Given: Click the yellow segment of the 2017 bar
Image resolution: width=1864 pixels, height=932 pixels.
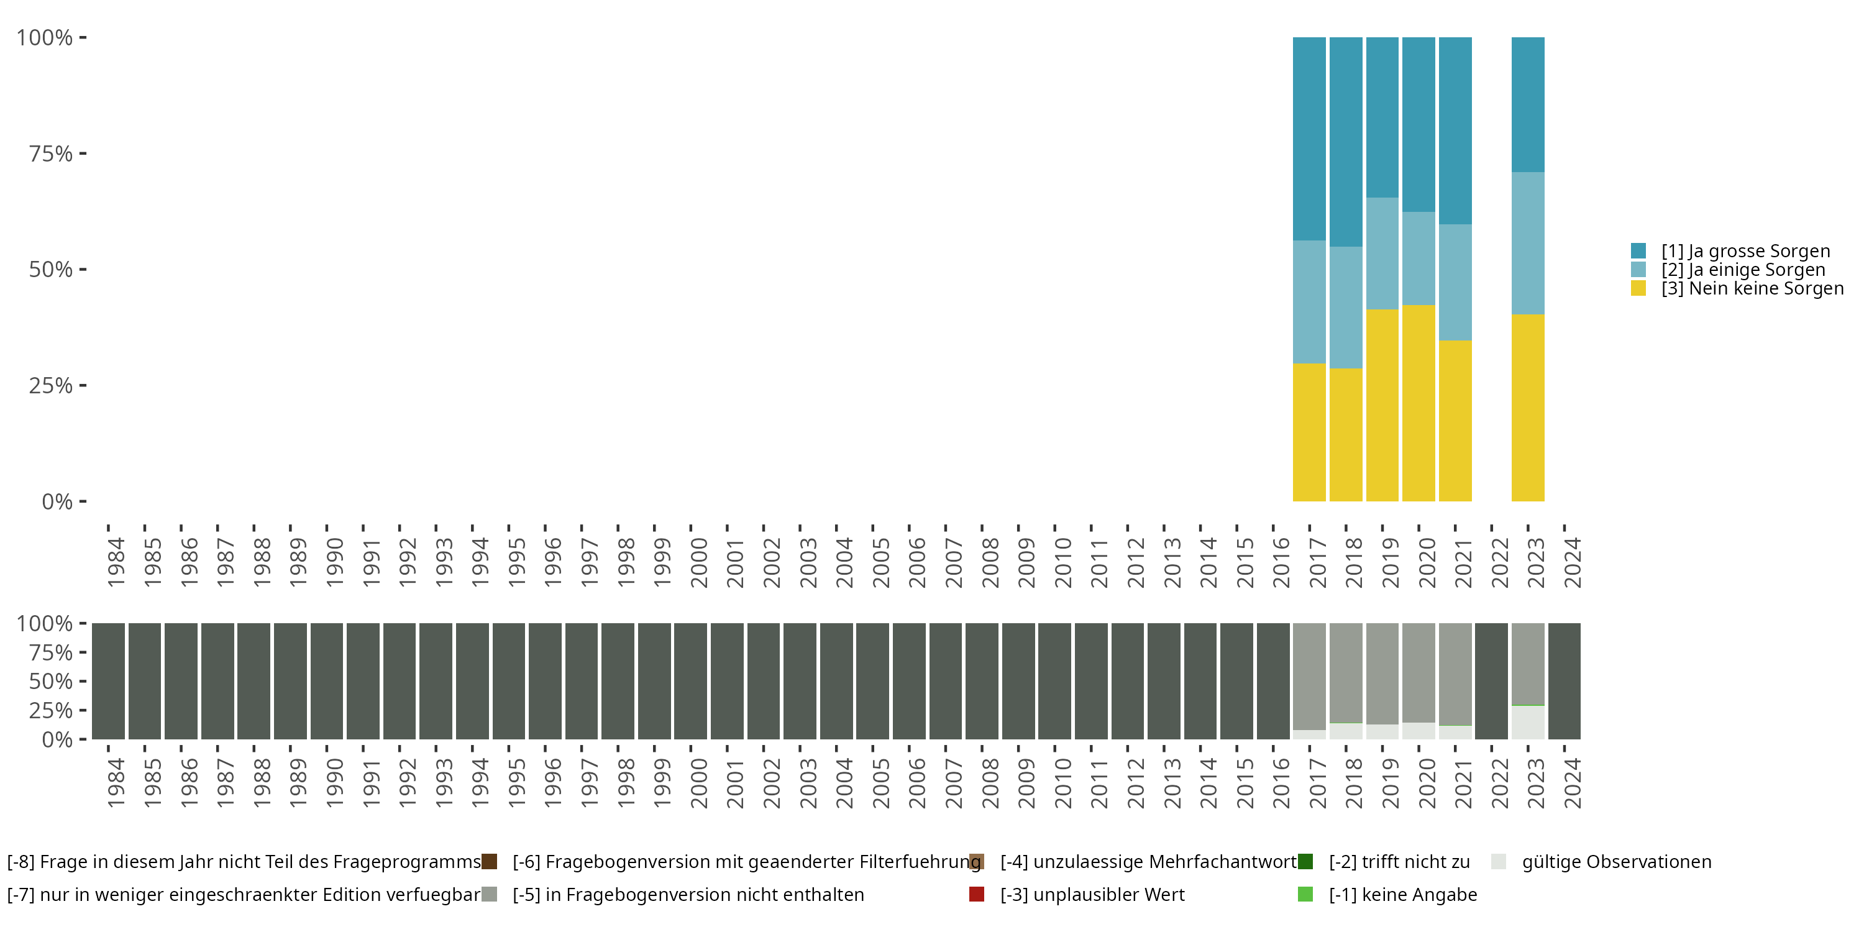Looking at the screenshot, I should click(x=1309, y=432).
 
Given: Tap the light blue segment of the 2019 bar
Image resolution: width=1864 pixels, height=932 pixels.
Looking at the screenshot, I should click(x=1382, y=254).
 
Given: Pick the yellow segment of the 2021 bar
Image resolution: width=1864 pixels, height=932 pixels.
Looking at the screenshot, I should click(x=1455, y=421).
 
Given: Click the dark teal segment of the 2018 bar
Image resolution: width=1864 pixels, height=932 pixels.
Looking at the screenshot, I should click(x=1346, y=142).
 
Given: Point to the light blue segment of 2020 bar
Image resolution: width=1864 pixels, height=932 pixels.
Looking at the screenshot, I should click(x=1419, y=258).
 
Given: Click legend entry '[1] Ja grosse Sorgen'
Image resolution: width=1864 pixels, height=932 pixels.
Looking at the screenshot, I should click(x=1745, y=251).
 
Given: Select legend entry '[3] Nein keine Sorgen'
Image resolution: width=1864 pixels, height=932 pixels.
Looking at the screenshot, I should click(x=1752, y=289).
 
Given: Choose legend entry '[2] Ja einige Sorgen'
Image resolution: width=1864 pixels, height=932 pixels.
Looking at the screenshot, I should click(x=1742, y=270).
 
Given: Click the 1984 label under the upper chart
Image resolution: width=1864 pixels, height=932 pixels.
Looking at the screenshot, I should click(x=116, y=562).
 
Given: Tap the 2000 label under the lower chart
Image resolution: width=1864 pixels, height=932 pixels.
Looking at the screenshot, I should click(x=698, y=783).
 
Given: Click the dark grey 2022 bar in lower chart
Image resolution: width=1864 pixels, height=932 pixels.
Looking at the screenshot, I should click(x=1491, y=681).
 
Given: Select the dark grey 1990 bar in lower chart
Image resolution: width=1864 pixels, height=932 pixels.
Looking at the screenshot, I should click(x=326, y=681).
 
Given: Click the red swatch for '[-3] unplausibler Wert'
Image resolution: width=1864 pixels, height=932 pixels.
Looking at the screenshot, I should click(x=976, y=894).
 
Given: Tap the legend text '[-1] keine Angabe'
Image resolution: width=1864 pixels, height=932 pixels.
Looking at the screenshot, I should click(x=1402, y=894).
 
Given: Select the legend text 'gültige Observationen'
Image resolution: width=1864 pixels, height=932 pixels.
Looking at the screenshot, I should click(x=1617, y=862).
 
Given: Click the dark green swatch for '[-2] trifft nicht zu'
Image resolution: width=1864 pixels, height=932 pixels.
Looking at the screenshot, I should click(x=1305, y=862).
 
